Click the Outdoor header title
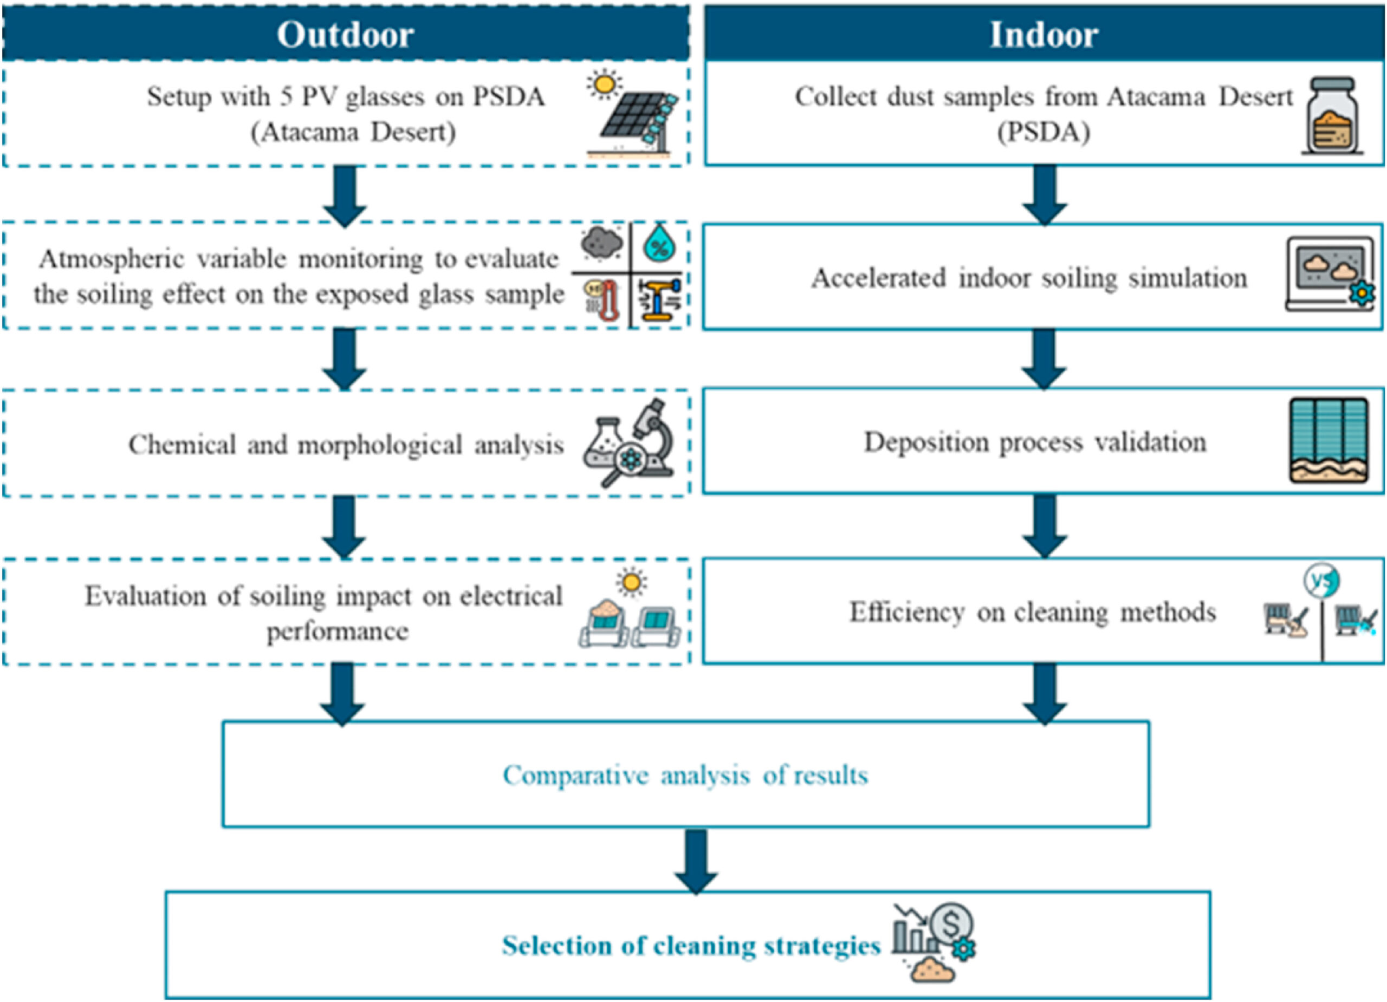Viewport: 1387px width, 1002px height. coord(346,34)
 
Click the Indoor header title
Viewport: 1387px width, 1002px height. coord(1044,34)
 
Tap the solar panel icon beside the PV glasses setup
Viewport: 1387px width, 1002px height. coord(636,119)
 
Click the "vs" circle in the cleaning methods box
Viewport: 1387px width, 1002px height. coord(1321,581)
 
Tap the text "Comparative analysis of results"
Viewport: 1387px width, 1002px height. coord(685,775)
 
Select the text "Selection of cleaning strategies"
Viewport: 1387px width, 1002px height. coord(691,945)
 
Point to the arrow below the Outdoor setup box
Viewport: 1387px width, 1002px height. coord(345,196)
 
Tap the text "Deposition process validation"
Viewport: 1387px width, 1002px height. coord(1035,441)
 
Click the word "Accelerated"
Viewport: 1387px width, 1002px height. coord(879,279)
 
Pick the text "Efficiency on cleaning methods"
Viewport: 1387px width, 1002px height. coord(1032,611)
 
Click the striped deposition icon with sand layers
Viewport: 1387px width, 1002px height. coord(1329,440)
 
